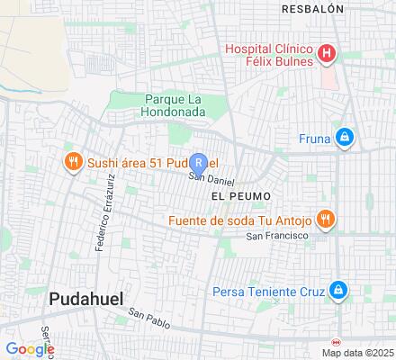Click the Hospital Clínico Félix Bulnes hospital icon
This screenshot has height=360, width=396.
point(327,54)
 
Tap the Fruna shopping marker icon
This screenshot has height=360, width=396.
point(343,138)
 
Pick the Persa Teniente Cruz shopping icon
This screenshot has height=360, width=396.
point(337,291)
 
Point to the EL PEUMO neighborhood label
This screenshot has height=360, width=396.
point(241,194)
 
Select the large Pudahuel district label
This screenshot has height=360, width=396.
point(85,298)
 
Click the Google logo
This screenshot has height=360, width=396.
point(30,349)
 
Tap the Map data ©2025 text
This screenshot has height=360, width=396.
point(359,353)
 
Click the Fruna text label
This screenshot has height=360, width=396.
point(314,139)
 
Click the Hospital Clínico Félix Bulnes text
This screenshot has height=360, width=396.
point(269,54)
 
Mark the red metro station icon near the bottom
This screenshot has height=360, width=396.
point(337,343)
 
